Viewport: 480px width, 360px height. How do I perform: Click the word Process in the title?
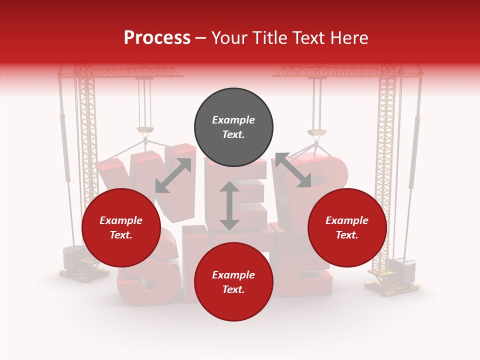click(157, 38)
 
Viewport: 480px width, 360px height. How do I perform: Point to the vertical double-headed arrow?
click(229, 205)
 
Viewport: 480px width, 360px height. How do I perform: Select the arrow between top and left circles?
click(173, 175)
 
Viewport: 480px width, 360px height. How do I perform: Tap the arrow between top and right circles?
click(293, 170)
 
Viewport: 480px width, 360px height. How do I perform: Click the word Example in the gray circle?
click(233, 120)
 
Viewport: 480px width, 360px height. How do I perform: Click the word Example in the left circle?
click(121, 220)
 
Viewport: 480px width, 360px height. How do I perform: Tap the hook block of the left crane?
click(145, 131)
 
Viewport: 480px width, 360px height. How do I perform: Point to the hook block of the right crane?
click(316, 133)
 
